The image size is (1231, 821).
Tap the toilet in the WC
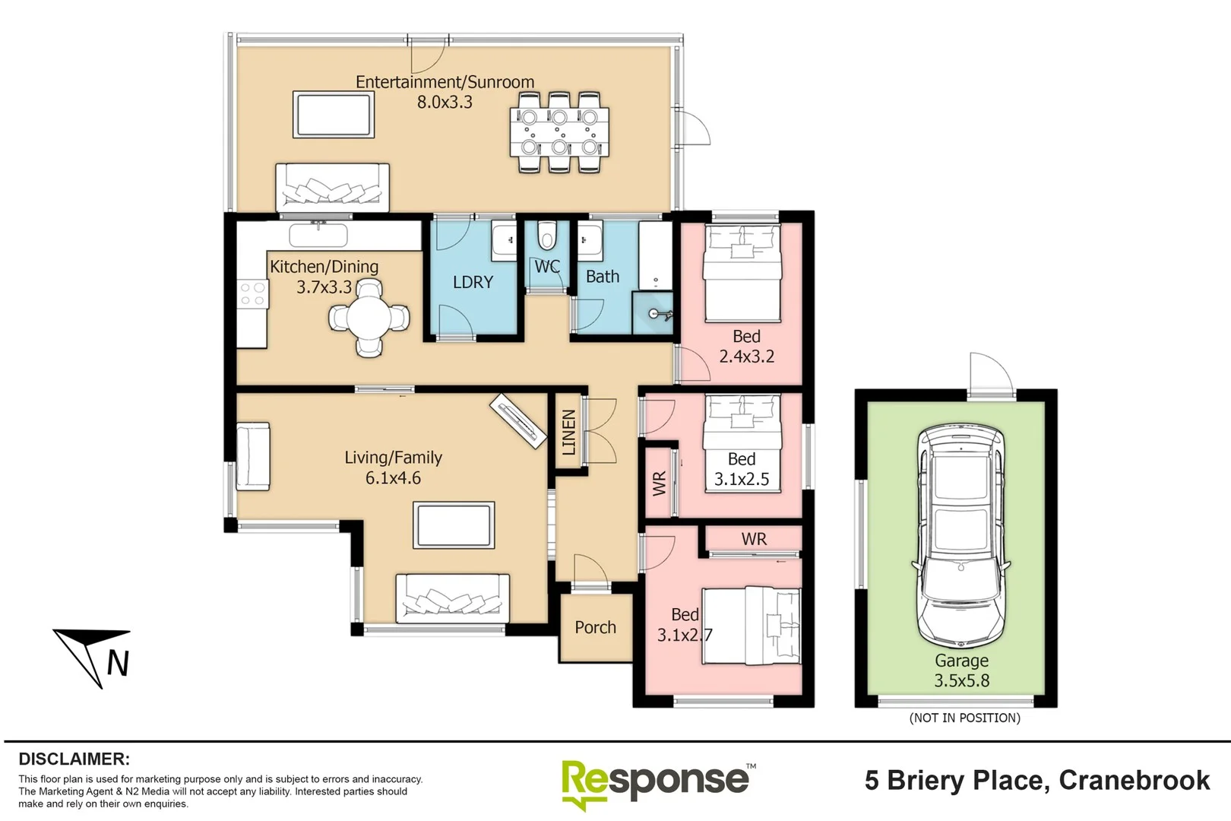click(x=546, y=235)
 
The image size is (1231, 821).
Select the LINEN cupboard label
click(x=569, y=433)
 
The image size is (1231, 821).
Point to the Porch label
click(x=595, y=627)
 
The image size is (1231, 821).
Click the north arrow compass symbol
click(x=93, y=658)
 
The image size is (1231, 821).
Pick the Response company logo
click(x=658, y=783)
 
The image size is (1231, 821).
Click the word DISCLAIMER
click(x=74, y=759)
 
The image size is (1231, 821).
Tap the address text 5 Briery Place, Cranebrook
click(x=1037, y=780)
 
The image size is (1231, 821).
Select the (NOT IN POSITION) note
click(x=964, y=718)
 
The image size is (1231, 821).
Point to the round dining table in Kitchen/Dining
click(x=369, y=318)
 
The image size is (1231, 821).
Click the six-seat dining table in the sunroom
click(x=559, y=132)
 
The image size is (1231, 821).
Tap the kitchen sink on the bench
click(x=318, y=235)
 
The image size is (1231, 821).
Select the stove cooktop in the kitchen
click(x=253, y=293)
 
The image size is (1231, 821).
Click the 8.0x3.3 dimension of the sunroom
click(x=445, y=103)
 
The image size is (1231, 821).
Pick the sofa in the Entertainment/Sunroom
click(x=333, y=188)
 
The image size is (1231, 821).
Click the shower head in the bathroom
click(x=658, y=315)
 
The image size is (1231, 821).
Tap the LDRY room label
click(x=473, y=282)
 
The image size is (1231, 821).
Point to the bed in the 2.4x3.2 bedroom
click(x=742, y=274)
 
